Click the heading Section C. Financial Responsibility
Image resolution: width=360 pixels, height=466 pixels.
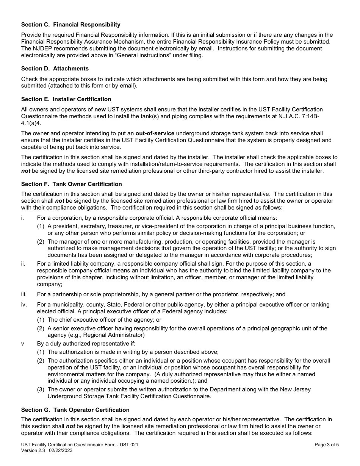tap(70, 25)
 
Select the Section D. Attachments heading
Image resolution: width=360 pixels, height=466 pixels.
tap(55, 69)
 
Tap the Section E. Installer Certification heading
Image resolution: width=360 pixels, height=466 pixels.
tap(66, 99)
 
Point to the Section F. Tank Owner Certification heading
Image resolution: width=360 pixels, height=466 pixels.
tap(71, 184)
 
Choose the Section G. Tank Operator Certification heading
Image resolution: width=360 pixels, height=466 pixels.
tap(75, 410)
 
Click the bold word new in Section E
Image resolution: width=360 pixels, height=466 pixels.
tap(100, 109)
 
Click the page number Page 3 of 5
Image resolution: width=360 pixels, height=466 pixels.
tap(327, 445)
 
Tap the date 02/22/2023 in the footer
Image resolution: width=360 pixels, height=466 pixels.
tap(61, 450)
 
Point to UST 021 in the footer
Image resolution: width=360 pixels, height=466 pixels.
tap(129, 445)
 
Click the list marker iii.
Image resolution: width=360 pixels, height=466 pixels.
tap(24, 294)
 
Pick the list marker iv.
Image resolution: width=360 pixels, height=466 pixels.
tap(24, 305)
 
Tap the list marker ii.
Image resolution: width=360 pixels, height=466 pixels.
tap(23, 264)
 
